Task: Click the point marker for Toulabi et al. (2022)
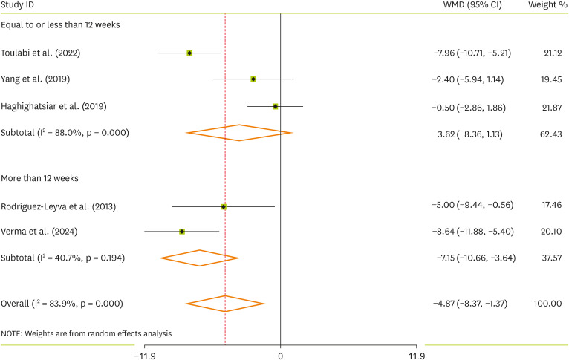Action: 189,53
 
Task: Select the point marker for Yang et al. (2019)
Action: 253,79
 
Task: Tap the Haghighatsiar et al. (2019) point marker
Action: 276,106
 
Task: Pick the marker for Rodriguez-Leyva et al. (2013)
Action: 224,206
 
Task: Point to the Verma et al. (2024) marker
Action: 182,232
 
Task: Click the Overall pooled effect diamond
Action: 225,304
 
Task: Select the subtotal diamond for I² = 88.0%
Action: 239,133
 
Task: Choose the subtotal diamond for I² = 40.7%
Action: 199,258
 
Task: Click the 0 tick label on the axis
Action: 281,354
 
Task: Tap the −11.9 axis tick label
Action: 143,354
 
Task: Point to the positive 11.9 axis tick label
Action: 417,354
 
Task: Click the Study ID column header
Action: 19,6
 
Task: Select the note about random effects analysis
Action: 86,333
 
